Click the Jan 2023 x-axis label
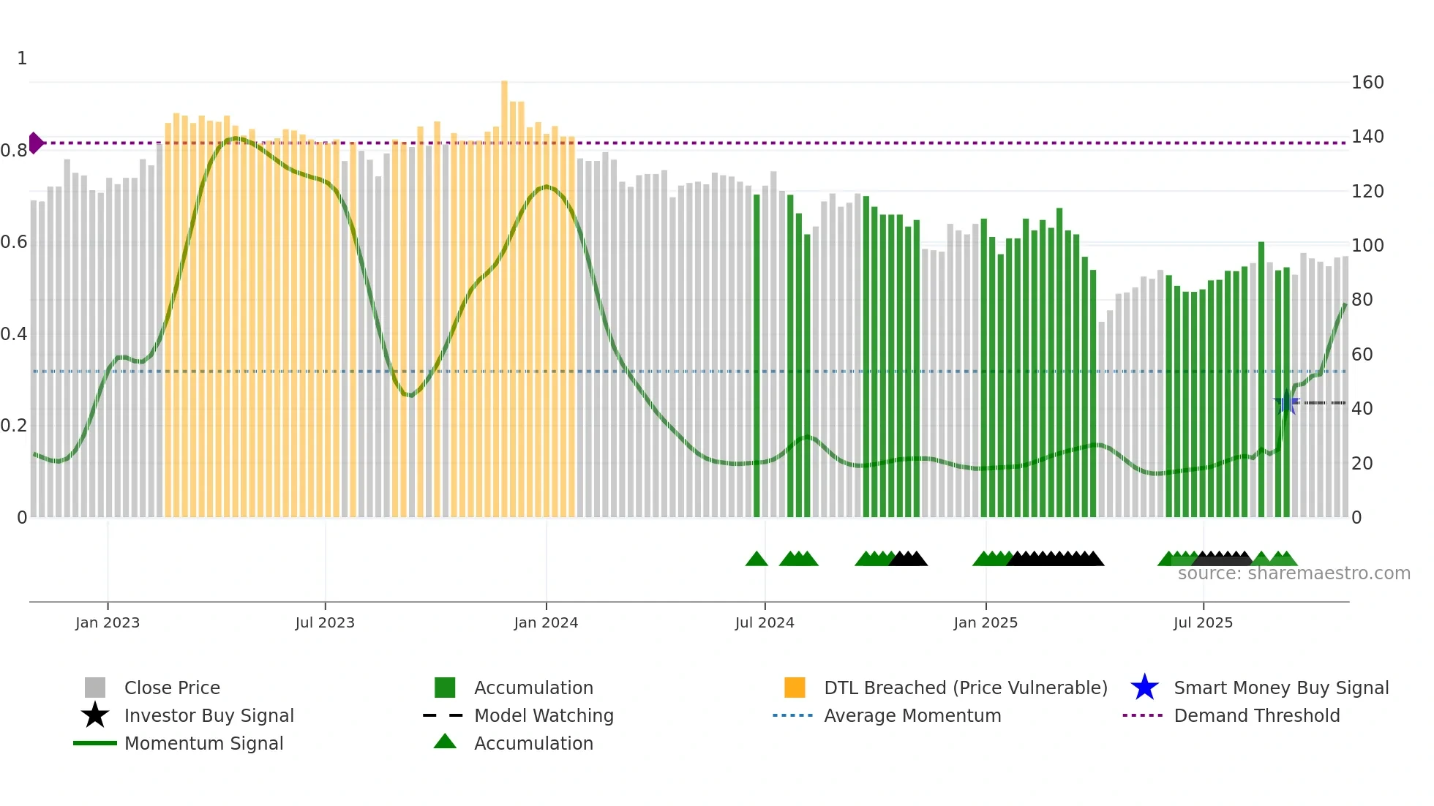pos(107,622)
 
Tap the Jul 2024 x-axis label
pos(764,622)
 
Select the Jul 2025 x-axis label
pos(1203,622)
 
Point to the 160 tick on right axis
pos(1367,83)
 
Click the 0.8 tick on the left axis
pos(14,151)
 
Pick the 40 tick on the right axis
pos(1362,409)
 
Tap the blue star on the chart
pos(1286,403)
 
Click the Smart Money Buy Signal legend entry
pos(1280,688)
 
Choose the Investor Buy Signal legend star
pos(95,715)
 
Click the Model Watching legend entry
pos(543,715)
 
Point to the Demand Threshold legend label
pos(1256,715)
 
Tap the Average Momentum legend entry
pos(912,715)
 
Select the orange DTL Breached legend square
pos(795,688)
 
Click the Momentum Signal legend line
pos(95,743)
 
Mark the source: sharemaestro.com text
pos(1294,573)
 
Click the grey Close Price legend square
pos(95,688)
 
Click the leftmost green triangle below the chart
pos(757,560)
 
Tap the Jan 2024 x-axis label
pos(546,622)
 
